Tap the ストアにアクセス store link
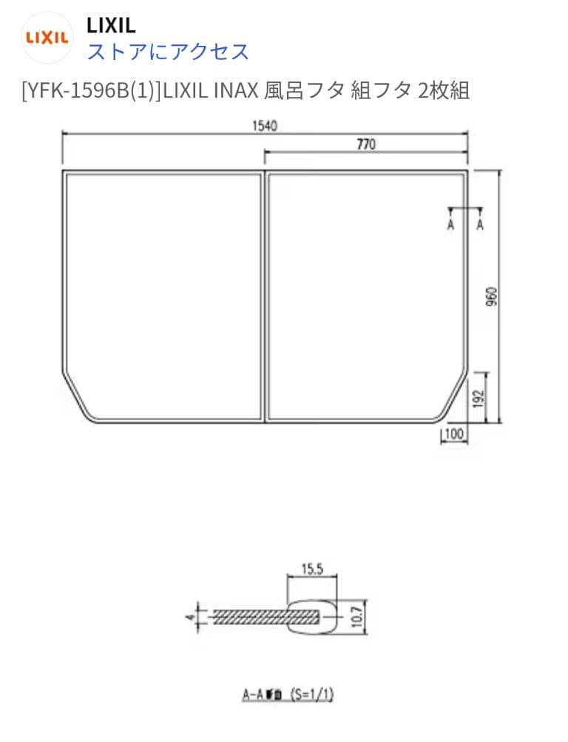pyautogui.click(x=168, y=52)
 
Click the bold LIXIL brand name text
pyautogui.click(x=111, y=26)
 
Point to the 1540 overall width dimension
pyautogui.click(x=264, y=125)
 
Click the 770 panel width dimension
pyautogui.click(x=366, y=144)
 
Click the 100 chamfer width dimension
pyautogui.click(x=454, y=434)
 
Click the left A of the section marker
pyautogui.click(x=450, y=225)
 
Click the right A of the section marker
pyautogui.click(x=480, y=225)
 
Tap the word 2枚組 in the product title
pyautogui.click(x=444, y=91)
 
